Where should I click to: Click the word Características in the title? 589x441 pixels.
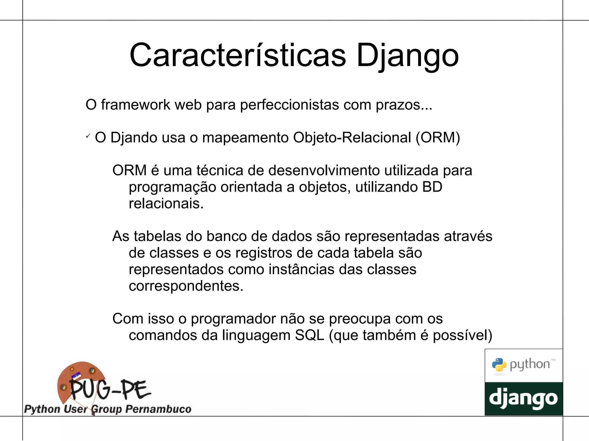tap(238, 55)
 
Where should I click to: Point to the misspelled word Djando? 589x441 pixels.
tap(134, 138)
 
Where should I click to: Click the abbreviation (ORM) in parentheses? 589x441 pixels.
tap(438, 138)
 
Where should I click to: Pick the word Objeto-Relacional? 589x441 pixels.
tap(352, 138)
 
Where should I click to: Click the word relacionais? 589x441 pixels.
tap(166, 204)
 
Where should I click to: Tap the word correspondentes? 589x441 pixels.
tap(186, 286)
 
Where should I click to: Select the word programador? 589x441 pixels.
tap(233, 319)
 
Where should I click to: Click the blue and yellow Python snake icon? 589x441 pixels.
tap(499, 365)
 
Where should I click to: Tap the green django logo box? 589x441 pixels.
tap(524, 399)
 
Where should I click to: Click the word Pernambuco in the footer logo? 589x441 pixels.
tap(158, 409)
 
